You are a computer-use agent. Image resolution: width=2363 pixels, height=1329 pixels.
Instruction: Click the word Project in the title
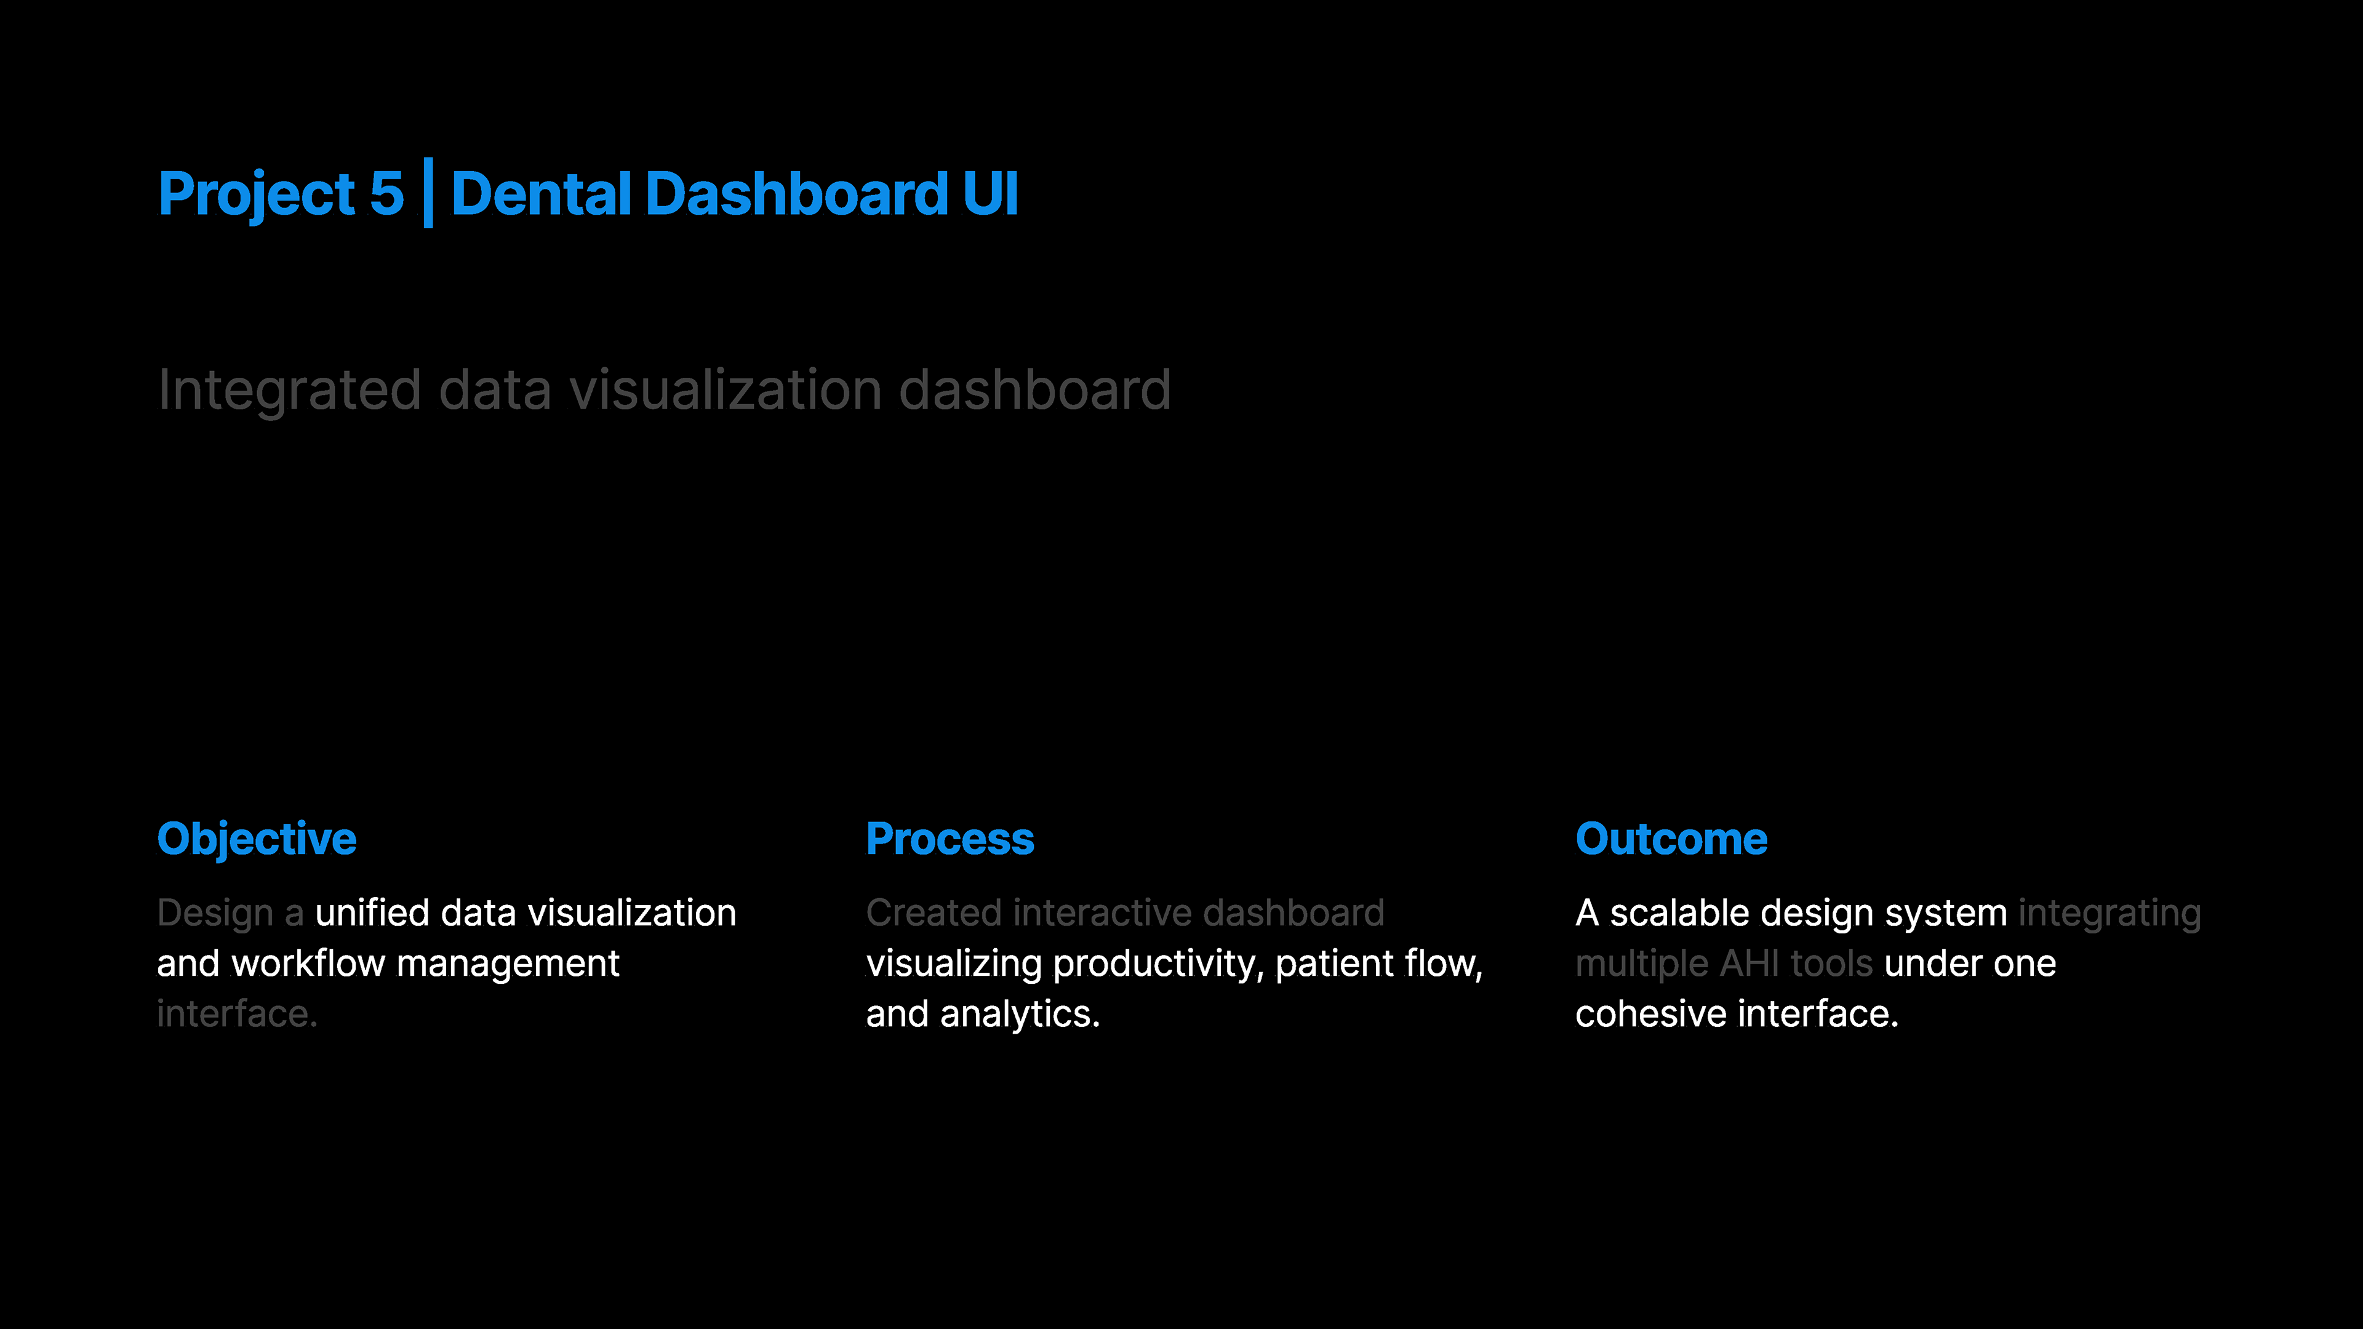(257, 194)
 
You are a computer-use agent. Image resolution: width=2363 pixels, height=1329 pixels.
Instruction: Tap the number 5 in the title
(386, 194)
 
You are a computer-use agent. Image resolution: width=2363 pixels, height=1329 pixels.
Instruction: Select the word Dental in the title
(542, 194)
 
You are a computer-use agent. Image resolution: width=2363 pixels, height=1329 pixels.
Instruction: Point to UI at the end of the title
(991, 194)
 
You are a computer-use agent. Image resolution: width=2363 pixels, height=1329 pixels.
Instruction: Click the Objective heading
(257, 839)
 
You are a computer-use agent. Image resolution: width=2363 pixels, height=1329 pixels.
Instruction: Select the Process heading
(950, 839)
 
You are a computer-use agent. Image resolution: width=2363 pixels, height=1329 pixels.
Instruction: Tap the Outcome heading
(1671, 839)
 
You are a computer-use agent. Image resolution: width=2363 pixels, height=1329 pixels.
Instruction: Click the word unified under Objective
(372, 914)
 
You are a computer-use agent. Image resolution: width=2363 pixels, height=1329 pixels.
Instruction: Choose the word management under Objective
(508, 964)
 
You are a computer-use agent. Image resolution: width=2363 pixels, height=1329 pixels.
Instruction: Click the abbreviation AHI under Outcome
(1749, 964)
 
